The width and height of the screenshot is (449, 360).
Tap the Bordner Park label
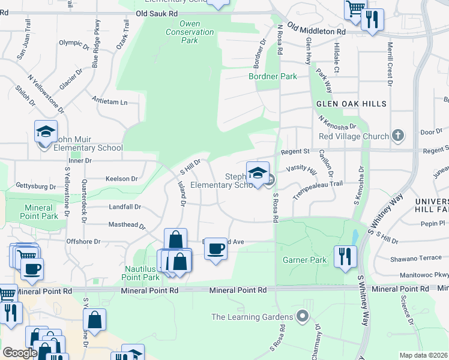tap(273, 77)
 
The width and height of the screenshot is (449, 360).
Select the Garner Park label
tap(305, 260)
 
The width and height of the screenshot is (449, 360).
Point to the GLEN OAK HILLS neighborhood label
tap(352, 104)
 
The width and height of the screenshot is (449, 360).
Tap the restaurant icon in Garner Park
tap(346, 256)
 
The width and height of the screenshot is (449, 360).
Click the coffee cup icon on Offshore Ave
tap(215, 248)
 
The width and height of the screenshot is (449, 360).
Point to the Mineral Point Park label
tap(39, 212)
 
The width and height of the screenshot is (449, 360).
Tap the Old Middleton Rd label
tap(316, 29)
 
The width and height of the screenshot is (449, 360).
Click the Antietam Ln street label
tap(110, 101)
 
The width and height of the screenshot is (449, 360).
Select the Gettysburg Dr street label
tap(31, 185)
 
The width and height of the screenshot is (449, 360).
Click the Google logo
tap(20, 353)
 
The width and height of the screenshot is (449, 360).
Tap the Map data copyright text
tap(423, 355)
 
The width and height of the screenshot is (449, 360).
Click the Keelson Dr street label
tap(121, 179)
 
